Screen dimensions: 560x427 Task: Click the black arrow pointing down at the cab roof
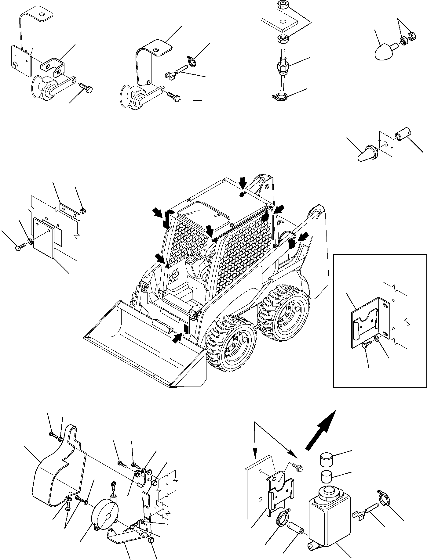(x=243, y=184)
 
